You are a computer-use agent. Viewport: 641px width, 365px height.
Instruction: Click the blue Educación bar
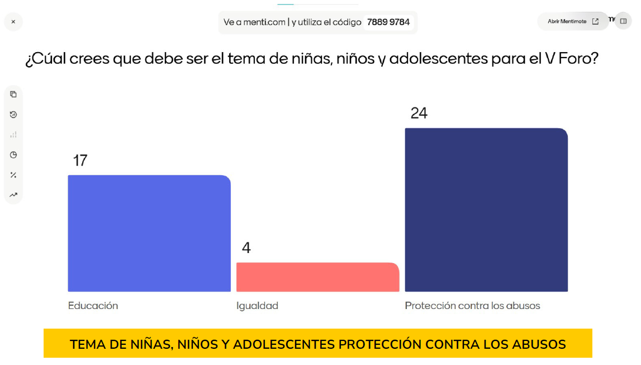pos(149,233)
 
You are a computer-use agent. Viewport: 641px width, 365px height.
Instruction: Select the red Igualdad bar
pos(317,277)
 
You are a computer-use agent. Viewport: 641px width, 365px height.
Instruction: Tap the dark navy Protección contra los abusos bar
pos(486,210)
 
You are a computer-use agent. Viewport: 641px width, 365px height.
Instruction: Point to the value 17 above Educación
pos(80,161)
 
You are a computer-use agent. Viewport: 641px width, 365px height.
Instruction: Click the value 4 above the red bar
pos(246,248)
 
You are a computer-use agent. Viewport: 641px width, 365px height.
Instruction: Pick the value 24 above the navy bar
pos(419,114)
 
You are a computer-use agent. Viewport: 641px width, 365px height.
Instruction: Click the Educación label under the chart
pos(93,306)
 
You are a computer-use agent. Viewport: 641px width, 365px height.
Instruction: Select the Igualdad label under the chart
pos(257,306)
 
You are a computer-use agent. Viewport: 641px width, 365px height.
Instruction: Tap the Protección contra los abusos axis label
pos(472,306)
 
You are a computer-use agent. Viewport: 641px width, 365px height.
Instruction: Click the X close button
pos(13,22)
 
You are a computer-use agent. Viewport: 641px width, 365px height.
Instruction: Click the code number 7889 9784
pos(388,22)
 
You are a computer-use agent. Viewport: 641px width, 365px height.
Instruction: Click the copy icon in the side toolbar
pos(13,95)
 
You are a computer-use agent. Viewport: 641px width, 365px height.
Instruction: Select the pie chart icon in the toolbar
pos(13,155)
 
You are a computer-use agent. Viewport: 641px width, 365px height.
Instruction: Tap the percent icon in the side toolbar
pos(13,175)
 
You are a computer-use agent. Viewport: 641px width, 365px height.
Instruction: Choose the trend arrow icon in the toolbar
pos(13,195)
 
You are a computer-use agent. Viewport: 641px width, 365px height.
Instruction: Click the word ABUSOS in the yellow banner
pos(539,344)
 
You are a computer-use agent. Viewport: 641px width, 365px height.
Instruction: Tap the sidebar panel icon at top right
pos(624,21)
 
